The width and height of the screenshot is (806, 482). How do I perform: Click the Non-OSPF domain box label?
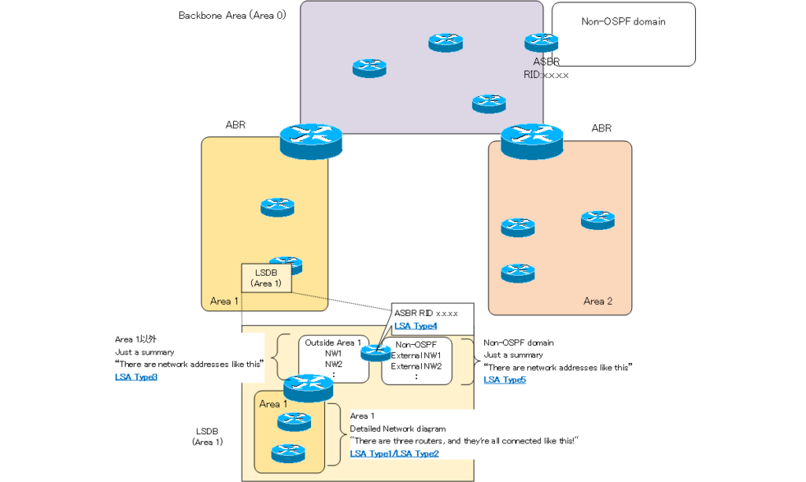(x=623, y=22)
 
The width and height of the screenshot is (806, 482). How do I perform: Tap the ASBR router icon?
(x=542, y=42)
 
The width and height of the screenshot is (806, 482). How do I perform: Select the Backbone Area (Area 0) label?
(x=231, y=15)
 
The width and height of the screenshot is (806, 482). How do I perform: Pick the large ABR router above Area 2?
(x=532, y=141)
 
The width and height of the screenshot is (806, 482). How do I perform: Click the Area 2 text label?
(x=598, y=302)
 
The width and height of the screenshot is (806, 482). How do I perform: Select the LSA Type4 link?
(x=416, y=326)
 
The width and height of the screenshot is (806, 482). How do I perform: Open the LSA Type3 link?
(x=136, y=377)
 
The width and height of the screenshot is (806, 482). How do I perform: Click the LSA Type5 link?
(x=505, y=380)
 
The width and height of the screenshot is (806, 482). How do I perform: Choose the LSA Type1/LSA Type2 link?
(x=394, y=454)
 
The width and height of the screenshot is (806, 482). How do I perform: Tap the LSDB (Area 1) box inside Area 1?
(x=266, y=277)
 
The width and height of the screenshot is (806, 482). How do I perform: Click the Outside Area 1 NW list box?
(x=332, y=359)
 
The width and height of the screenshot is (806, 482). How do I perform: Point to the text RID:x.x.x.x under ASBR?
(x=545, y=75)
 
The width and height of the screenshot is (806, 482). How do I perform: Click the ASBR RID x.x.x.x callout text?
(x=426, y=313)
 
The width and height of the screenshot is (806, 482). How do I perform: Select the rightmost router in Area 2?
(x=597, y=220)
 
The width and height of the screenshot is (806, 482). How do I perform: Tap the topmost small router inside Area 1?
(x=278, y=207)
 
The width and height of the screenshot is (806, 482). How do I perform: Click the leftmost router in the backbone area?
(x=369, y=69)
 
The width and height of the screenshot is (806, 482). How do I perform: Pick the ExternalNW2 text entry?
(x=416, y=366)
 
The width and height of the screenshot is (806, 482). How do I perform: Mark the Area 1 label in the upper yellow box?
(x=221, y=302)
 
